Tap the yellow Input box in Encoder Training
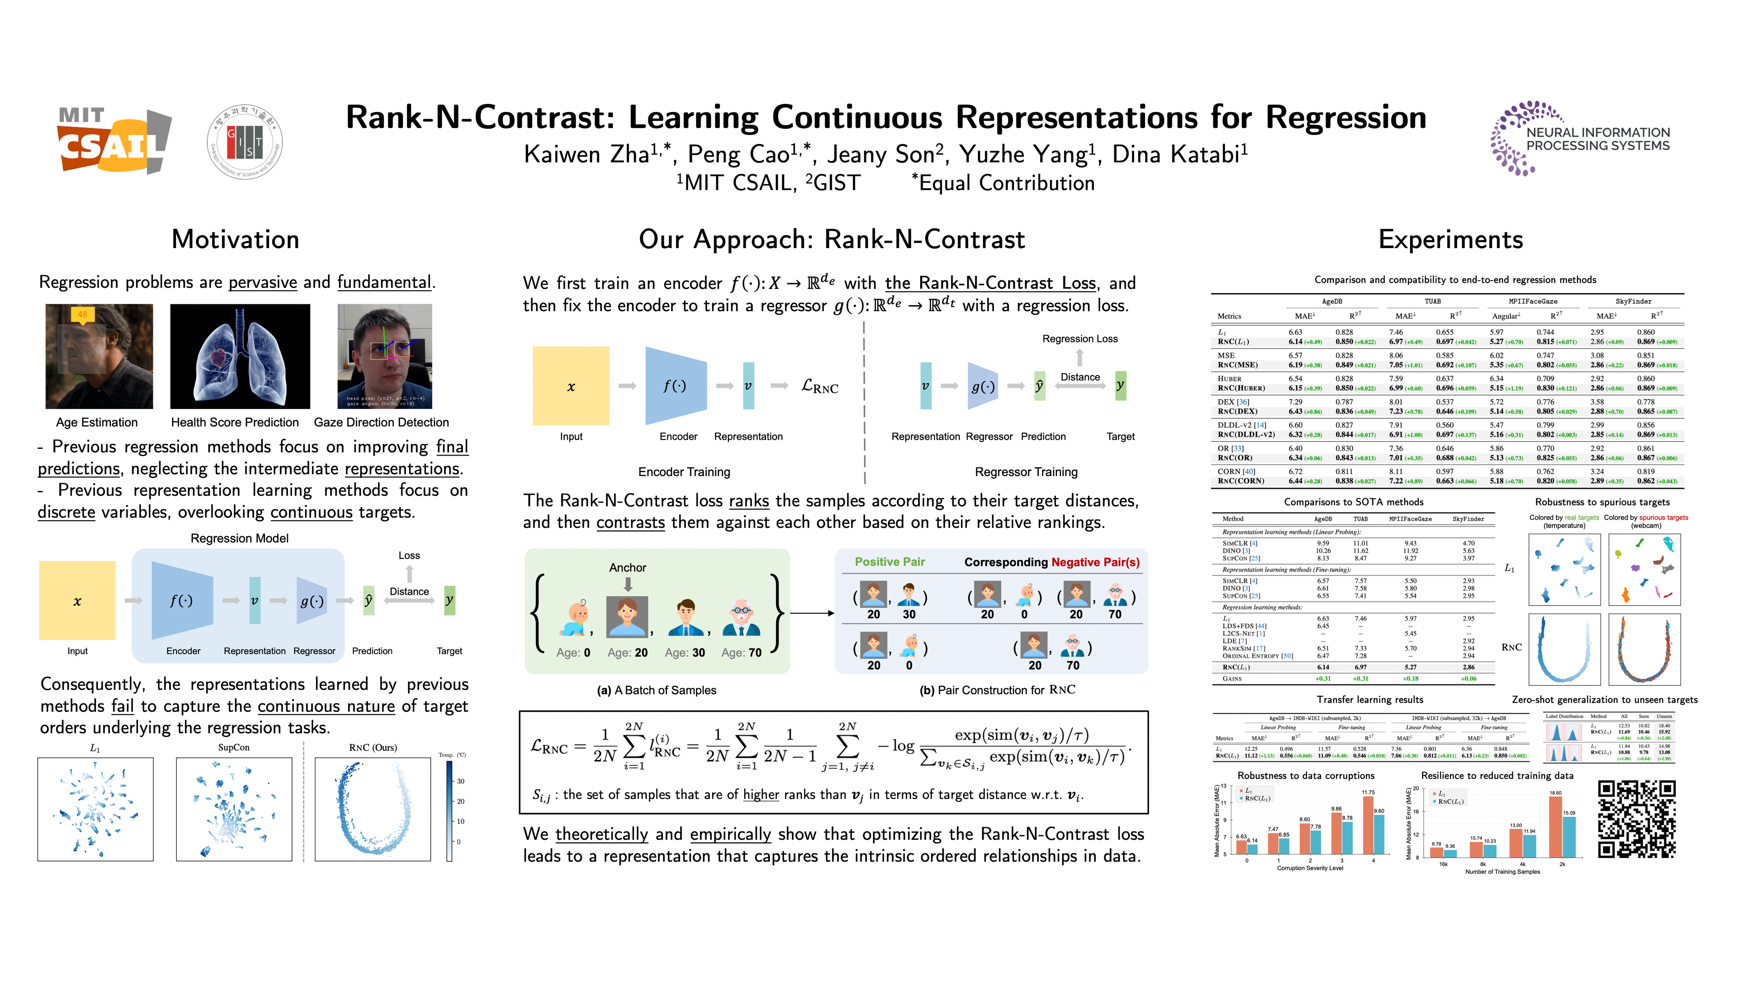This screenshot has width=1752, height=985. pos(571,386)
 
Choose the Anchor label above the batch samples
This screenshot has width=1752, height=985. pos(627,568)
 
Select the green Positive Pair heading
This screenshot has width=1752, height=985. pos(890,562)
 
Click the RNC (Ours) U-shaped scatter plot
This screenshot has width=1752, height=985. pos(373,809)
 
